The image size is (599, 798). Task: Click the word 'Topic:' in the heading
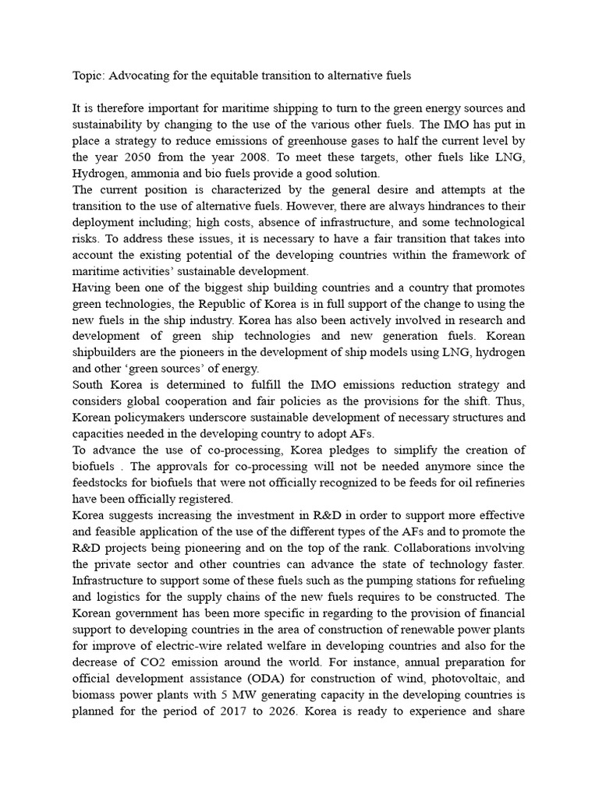coord(88,76)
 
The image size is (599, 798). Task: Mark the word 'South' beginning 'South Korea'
coord(89,385)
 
